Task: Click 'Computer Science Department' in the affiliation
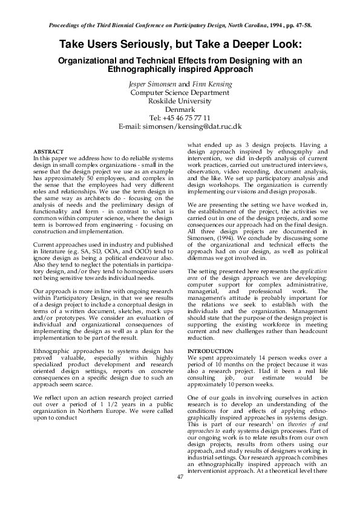coord(180,92)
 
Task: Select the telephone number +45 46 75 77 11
coord(188,118)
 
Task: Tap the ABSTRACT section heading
coord(45,151)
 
